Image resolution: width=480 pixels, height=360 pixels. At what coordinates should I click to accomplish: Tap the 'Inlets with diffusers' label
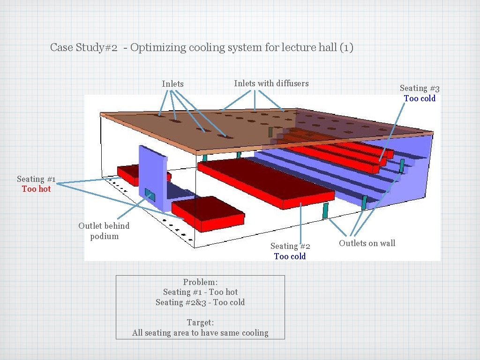(x=271, y=83)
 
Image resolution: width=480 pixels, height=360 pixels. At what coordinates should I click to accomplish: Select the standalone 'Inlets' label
(x=172, y=84)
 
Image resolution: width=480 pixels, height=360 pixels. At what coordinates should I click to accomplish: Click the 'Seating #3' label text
(x=420, y=88)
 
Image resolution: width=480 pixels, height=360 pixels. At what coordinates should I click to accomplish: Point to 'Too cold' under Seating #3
(x=420, y=98)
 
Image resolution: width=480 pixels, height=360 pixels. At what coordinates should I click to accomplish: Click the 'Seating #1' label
(x=36, y=179)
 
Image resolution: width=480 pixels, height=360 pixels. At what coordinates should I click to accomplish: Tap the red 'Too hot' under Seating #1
(x=36, y=189)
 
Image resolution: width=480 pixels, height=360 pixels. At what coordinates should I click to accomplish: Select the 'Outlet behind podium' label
(x=104, y=231)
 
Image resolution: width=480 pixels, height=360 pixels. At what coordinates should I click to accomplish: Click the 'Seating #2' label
(x=290, y=246)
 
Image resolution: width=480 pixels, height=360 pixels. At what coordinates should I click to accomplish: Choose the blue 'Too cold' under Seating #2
(x=290, y=256)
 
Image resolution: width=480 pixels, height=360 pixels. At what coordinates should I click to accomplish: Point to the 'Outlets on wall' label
(x=367, y=243)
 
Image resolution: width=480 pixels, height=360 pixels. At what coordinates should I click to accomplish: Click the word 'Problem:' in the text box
(x=200, y=282)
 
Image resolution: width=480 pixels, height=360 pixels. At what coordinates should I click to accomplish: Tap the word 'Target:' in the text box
(x=200, y=322)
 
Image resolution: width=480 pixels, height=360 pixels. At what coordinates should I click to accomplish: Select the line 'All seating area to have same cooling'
(x=200, y=333)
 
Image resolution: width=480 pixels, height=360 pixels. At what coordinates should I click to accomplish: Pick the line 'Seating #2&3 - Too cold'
(x=200, y=302)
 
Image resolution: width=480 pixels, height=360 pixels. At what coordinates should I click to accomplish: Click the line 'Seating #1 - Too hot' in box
(x=200, y=292)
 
